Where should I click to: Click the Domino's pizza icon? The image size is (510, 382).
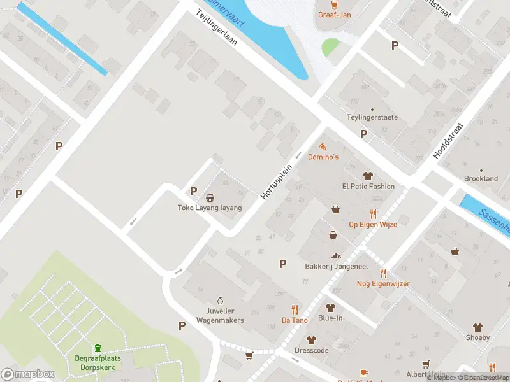point(323,146)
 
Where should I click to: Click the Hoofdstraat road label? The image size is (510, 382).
point(449,141)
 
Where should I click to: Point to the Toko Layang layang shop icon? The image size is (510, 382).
point(210,197)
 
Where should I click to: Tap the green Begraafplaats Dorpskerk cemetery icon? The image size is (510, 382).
point(98,348)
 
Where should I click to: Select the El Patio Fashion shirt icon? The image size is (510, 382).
point(368,176)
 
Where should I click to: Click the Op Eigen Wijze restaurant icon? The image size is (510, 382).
point(373,214)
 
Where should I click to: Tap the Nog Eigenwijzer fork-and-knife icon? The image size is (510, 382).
point(383,273)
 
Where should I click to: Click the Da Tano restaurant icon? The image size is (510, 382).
point(295,309)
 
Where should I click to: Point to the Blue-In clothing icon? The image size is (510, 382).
point(330,308)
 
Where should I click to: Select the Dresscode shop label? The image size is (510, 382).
point(312,350)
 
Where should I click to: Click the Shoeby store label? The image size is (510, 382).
point(477,337)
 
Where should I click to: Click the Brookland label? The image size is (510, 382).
point(481,179)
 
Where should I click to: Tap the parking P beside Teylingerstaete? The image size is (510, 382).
point(363,134)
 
